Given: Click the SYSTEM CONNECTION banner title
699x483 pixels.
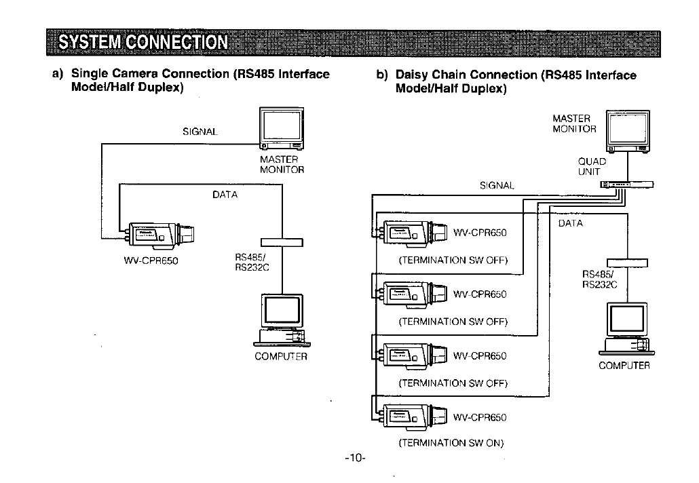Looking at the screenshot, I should click(143, 43).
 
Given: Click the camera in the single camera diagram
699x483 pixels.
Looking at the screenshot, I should click(160, 233).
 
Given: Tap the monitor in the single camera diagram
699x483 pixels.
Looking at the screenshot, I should click(282, 130).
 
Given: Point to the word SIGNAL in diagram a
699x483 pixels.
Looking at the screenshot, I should click(200, 132).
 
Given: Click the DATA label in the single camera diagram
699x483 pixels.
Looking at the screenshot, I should click(225, 195).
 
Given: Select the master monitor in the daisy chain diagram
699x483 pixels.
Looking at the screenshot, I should click(628, 132).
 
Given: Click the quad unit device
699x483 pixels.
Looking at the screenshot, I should click(627, 185).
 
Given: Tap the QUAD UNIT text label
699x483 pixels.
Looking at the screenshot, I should click(592, 167).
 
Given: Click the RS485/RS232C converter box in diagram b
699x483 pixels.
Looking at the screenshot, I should click(628, 263).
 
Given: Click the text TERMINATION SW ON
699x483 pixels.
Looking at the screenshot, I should click(451, 443).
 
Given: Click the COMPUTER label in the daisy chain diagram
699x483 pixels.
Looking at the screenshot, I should click(624, 366).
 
